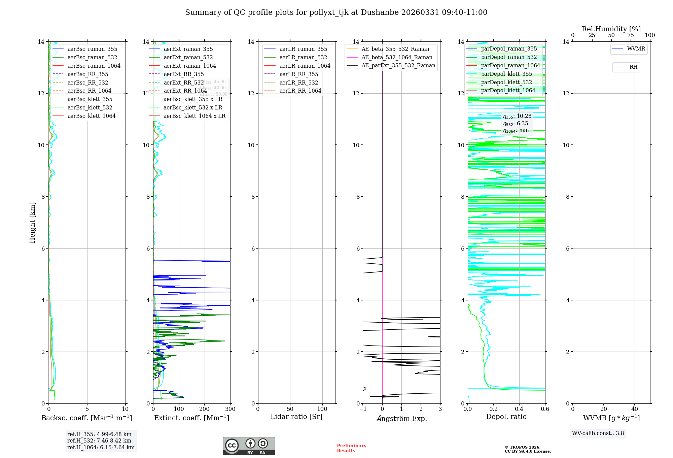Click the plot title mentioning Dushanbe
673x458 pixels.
(336, 12)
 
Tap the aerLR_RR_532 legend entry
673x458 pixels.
(298, 83)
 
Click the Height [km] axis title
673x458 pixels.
(32, 222)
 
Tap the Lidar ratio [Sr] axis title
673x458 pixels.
(296, 417)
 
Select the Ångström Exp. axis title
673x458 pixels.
(401, 418)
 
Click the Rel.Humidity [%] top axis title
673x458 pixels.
(611, 29)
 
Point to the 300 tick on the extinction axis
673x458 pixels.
(230, 409)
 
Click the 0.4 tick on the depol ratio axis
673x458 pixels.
(519, 409)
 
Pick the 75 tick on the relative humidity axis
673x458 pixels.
(631, 35)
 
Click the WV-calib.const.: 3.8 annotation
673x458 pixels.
(598, 433)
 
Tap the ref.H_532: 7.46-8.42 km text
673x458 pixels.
(99, 441)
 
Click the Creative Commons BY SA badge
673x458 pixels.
(249, 446)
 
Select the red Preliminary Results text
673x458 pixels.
(351, 448)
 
